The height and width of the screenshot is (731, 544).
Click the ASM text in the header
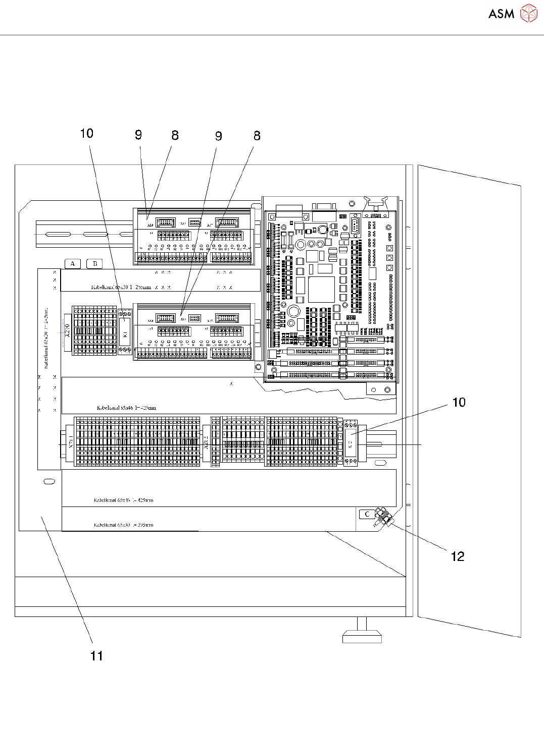coord(501,14)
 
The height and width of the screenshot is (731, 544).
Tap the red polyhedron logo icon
coord(529,14)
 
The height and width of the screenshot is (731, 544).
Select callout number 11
coord(96,655)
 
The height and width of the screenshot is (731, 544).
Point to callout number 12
coord(457,556)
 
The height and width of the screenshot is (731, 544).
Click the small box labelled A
coord(73,263)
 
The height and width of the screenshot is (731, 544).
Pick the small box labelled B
coord(94,263)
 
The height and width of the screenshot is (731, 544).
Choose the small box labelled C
coord(367,514)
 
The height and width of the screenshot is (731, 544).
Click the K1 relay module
coord(125,331)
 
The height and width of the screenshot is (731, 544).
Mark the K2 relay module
coord(350,442)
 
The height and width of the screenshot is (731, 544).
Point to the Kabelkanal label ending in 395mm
coord(123,525)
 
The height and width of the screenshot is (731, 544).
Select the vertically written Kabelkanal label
coord(45,338)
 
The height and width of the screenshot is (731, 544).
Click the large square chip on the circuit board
coord(321,289)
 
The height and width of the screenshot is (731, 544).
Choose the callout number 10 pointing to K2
coord(458,402)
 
